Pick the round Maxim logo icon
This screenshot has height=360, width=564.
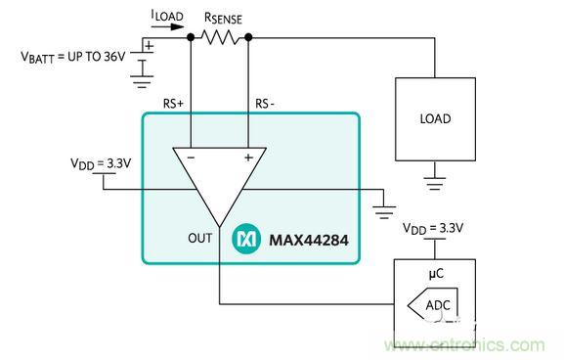tap(244, 239)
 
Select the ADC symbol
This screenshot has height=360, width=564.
tap(431, 305)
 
